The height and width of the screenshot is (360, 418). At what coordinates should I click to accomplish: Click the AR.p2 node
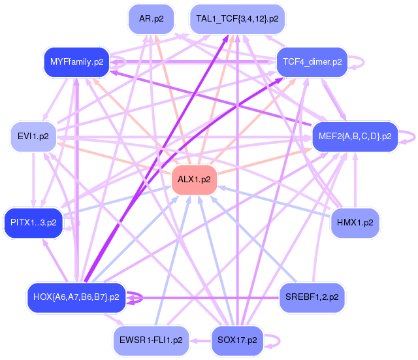tap(151, 19)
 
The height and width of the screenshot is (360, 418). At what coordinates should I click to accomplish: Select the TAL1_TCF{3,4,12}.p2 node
tap(237, 19)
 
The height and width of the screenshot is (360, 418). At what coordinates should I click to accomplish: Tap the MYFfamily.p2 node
tap(77, 63)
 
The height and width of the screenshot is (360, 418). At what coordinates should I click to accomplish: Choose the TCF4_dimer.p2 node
tap(312, 63)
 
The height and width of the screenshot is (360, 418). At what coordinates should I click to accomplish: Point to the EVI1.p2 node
tap(33, 137)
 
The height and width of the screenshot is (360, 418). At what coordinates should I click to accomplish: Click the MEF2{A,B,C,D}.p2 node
tap(355, 137)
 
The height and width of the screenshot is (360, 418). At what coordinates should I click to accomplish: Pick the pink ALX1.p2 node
tap(194, 180)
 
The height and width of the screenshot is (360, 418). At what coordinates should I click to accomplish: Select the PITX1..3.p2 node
tap(33, 223)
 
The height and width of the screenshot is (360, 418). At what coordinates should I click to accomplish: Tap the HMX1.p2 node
tap(355, 223)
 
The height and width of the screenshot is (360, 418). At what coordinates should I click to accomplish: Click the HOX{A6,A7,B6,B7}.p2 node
tap(76, 297)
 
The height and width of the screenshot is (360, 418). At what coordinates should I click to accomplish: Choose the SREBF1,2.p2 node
tap(312, 297)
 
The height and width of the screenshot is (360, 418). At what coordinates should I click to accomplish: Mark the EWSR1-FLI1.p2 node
tap(151, 340)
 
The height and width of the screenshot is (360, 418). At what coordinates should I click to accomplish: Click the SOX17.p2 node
tap(237, 340)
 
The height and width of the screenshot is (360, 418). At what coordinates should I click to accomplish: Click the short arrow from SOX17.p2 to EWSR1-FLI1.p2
tap(201, 341)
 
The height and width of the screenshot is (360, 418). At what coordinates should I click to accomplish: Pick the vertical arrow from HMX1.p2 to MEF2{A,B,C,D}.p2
tap(355, 180)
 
